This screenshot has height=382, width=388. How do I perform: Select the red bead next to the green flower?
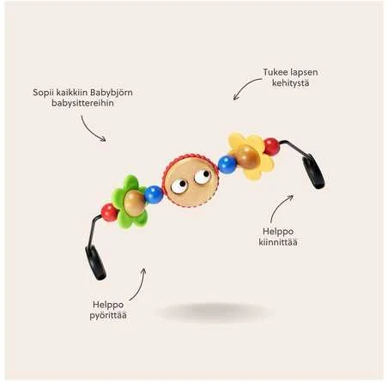(x=109, y=212)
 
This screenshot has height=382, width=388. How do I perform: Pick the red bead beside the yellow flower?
(x=271, y=147)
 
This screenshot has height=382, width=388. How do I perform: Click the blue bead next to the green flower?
(x=154, y=195)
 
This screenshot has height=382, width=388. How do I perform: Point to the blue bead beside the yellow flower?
(x=227, y=164)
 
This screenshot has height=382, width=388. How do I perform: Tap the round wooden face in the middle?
(x=191, y=180)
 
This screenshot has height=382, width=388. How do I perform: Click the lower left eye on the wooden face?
(x=179, y=186)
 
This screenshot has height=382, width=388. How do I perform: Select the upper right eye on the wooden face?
(x=203, y=177)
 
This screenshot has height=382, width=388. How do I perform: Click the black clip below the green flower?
(x=95, y=263)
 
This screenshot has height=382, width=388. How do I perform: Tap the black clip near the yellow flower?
(x=313, y=171)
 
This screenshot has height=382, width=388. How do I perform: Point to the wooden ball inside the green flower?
(x=134, y=203)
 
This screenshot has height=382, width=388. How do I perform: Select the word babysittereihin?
(x=82, y=103)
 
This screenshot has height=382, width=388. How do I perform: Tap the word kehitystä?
(x=290, y=83)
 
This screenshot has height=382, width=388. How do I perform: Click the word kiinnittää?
(x=278, y=242)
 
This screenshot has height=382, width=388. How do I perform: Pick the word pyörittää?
(x=108, y=316)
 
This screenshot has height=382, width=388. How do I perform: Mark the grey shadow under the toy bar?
(x=214, y=312)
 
